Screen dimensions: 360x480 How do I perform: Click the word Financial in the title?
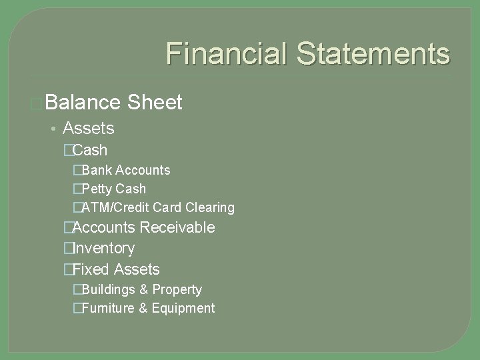click(225, 53)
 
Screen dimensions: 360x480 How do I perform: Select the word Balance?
click(83, 103)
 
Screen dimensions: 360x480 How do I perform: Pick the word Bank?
click(97, 170)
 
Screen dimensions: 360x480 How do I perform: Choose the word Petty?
click(98, 189)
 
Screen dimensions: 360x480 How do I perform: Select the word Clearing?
click(211, 207)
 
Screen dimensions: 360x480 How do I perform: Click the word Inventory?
click(103, 248)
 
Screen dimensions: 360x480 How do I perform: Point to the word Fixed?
click(91, 269)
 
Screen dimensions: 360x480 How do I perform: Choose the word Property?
click(177, 289)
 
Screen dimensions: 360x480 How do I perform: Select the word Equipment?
click(183, 308)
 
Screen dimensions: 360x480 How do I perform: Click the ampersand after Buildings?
click(143, 289)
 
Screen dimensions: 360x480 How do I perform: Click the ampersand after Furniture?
click(143, 308)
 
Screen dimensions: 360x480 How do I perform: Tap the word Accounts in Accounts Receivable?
click(103, 227)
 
